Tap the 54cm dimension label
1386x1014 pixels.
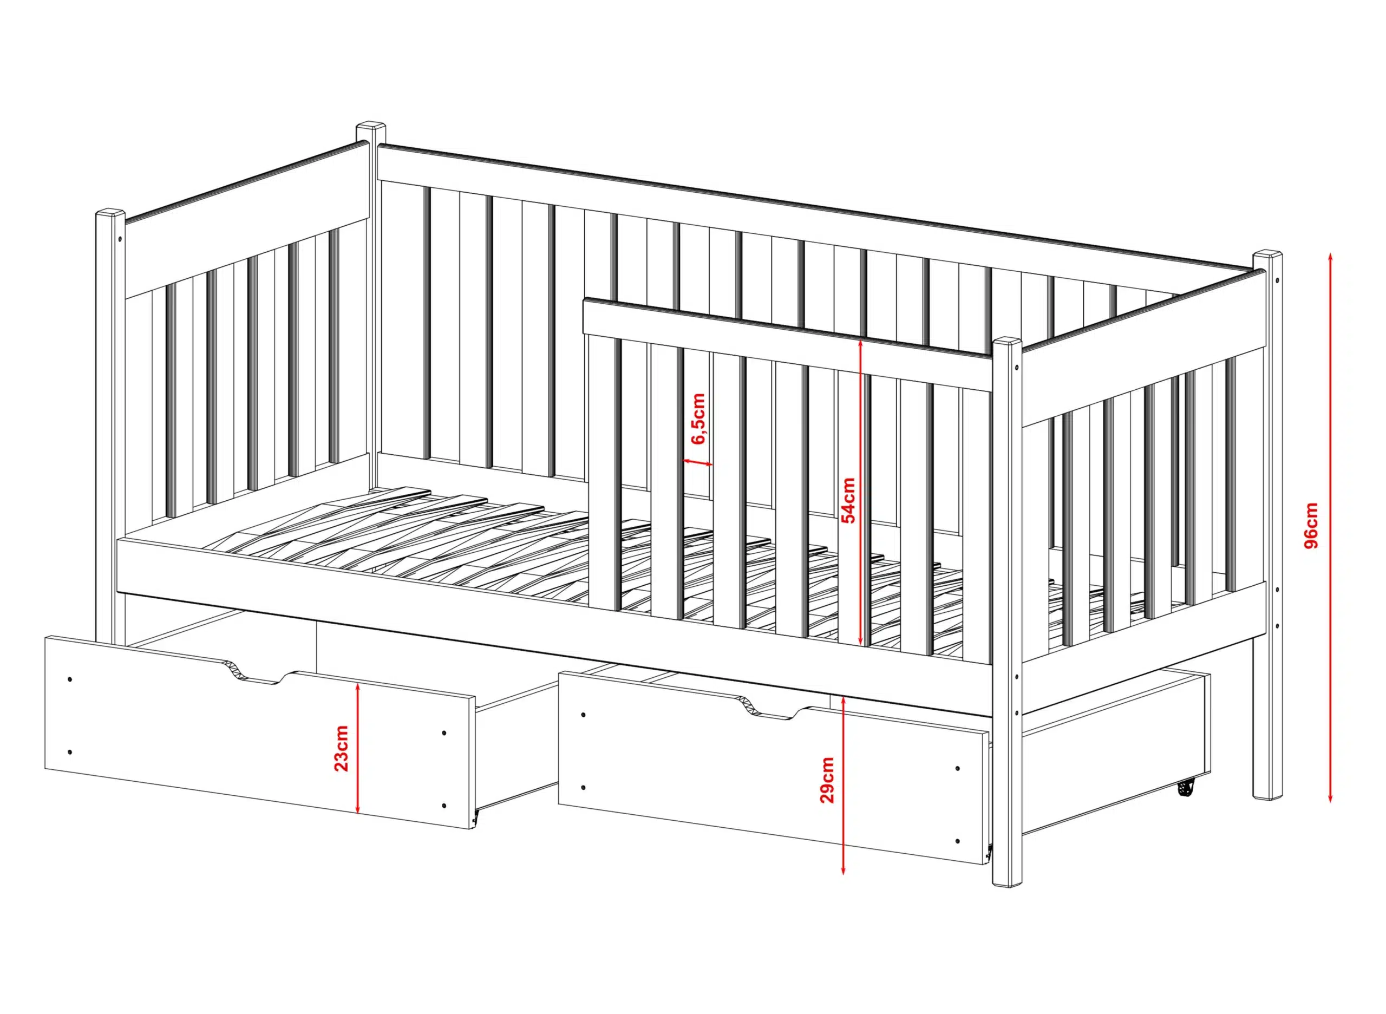pyautogui.click(x=848, y=500)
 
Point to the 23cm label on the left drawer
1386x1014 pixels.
pyautogui.click(x=341, y=748)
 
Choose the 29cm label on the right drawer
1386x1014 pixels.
pyautogui.click(x=827, y=780)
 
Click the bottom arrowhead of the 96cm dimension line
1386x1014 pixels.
pyautogui.click(x=1330, y=797)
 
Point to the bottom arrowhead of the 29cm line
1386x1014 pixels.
pyautogui.click(x=844, y=867)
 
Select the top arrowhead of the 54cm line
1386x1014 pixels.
pyautogui.click(x=861, y=345)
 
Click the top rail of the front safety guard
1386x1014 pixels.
pyautogui.click(x=788, y=343)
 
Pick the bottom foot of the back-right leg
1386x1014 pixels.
pyautogui.click(x=1266, y=797)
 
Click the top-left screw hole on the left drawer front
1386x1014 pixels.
pyautogui.click(x=69, y=679)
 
